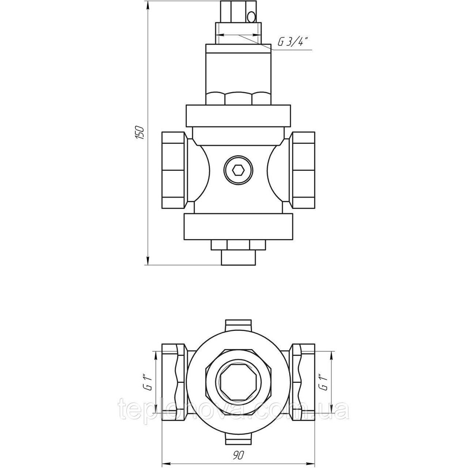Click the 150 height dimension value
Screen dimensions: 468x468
click(x=140, y=132)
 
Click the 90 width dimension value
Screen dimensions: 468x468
click(x=239, y=454)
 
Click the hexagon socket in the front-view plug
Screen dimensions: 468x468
click(x=239, y=171)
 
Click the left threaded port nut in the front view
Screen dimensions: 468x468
click(x=173, y=170)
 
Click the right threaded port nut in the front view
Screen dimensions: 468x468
click(x=304, y=170)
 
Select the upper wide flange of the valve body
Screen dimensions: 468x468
click(x=238, y=116)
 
